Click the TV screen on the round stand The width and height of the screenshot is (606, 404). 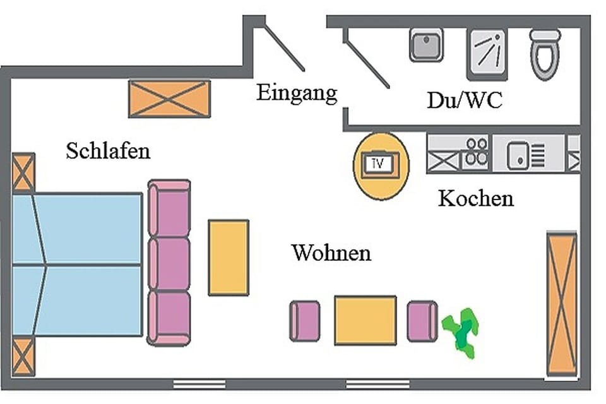click(381, 164)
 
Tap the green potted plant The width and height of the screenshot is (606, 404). click(461, 331)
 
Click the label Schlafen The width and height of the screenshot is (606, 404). click(108, 151)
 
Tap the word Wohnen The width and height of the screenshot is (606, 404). click(331, 254)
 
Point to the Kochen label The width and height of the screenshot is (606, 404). click(475, 199)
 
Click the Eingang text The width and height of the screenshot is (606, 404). click(297, 93)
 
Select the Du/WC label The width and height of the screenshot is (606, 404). click(465, 100)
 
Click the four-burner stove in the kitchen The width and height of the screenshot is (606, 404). click(477, 152)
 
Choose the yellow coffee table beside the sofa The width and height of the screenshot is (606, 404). click(229, 257)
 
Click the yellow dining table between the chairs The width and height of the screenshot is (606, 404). click(365, 321)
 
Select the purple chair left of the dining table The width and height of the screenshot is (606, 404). click(305, 321)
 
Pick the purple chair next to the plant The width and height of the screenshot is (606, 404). click(422, 321)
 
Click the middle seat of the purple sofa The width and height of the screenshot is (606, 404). click(169, 263)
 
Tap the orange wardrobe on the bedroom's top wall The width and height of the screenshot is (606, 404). click(169, 98)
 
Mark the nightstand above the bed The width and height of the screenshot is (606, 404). click(23, 172)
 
